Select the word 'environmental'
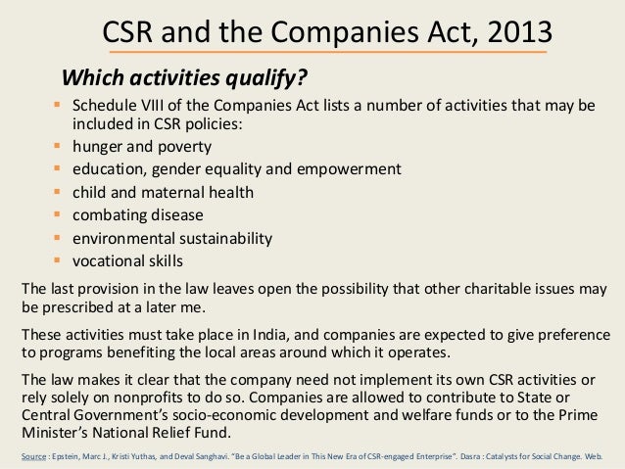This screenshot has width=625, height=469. point(118,238)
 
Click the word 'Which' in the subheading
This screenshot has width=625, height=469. point(91,76)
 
